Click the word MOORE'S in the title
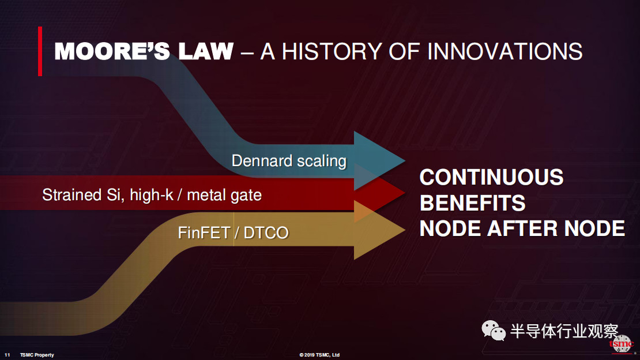(112, 51)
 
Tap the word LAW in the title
(206, 51)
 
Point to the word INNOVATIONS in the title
(505, 51)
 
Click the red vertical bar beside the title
(40, 51)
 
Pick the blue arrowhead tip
(405, 161)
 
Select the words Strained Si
(83, 195)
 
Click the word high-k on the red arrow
(152, 196)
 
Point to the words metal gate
(224, 196)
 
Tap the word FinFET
(204, 233)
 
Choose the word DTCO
(266, 233)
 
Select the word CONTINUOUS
(491, 177)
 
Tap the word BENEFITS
(473, 203)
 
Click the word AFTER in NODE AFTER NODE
(523, 228)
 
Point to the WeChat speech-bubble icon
(494, 330)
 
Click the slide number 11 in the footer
(7, 355)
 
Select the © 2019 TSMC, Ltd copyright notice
(319, 355)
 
